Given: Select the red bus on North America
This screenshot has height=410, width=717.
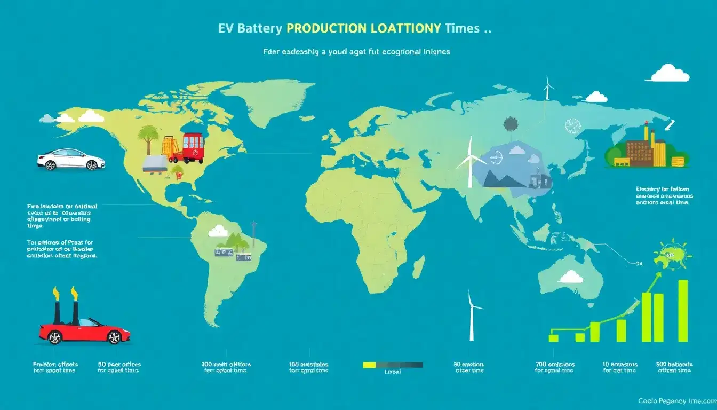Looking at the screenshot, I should coord(193,147).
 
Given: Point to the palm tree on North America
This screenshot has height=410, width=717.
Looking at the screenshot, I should coord(147,137).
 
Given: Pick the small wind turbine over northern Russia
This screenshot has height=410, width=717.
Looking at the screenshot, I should coord(547,88).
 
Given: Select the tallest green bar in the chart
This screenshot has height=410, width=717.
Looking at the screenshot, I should coord(683,311).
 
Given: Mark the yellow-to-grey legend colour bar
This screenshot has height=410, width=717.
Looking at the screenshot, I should coord(393,365).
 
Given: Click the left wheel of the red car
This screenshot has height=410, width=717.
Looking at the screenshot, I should coord(54,337).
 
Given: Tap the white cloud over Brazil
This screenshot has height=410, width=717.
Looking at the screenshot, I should coord(219,231).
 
